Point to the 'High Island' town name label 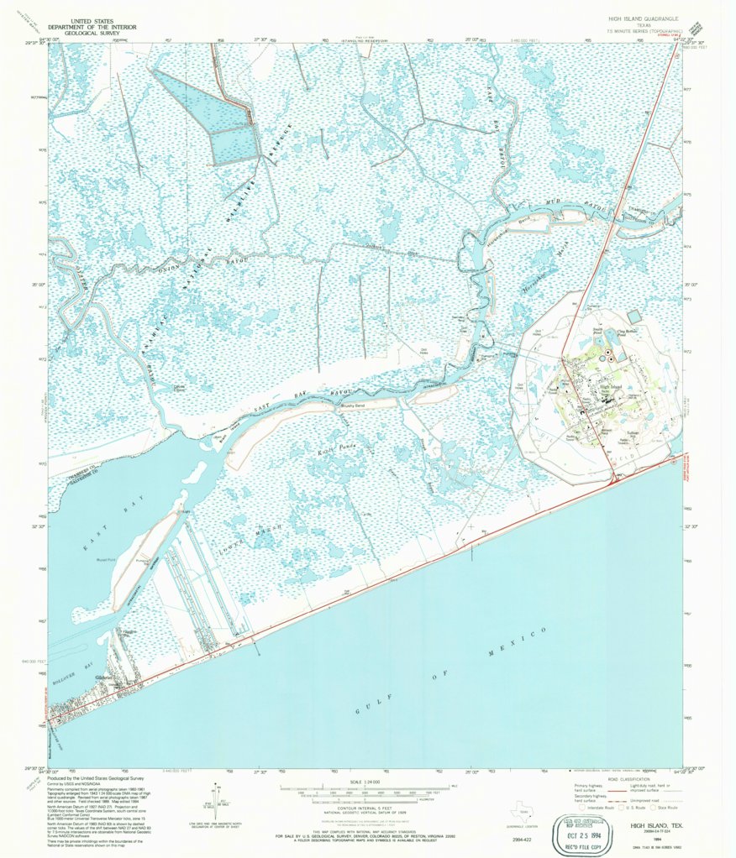tap(611, 387)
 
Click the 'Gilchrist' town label tap(105, 678)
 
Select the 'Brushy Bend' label tap(353, 406)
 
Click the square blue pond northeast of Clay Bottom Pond tap(633, 315)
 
